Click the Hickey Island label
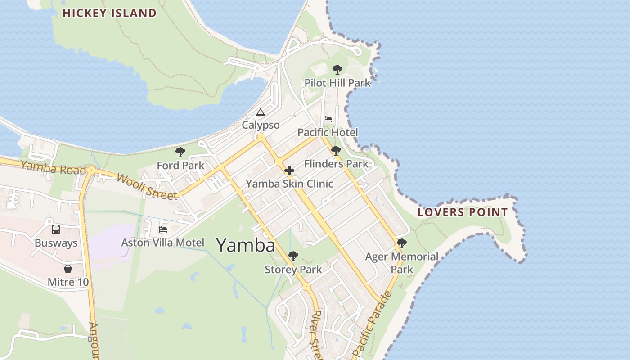click(109, 13)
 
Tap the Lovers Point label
click(463, 212)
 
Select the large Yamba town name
click(246, 245)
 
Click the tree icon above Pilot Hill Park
click(337, 70)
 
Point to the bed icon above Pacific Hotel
click(328, 119)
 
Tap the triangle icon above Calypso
click(260, 112)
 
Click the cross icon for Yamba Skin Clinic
click(289, 171)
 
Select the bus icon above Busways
click(56, 229)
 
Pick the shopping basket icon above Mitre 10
click(68, 269)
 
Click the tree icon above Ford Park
click(180, 152)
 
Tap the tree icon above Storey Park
click(293, 256)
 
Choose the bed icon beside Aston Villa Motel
click(162, 229)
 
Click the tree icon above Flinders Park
click(336, 151)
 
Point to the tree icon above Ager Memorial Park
click(402, 243)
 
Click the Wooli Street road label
click(147, 186)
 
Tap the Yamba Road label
click(53, 168)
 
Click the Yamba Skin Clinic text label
click(289, 184)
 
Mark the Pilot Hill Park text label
click(337, 83)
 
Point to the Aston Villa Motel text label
click(162, 243)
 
